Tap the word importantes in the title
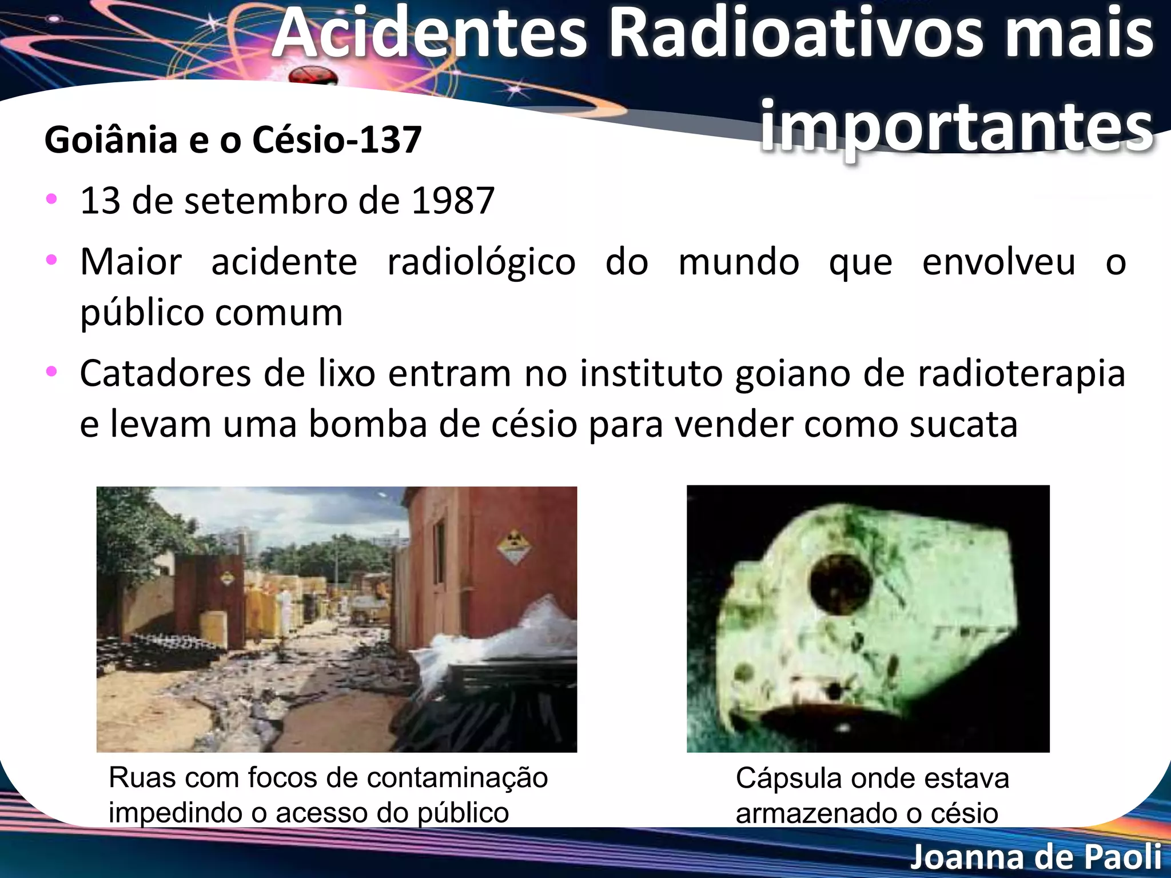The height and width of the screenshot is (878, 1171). coord(956,127)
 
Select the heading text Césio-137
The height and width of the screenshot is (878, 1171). coord(337,140)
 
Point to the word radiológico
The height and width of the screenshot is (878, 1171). coord(481,262)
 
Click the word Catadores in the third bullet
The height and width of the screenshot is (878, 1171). coord(165,374)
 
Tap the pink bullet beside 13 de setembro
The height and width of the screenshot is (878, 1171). coord(51,199)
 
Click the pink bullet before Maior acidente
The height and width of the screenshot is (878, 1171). coord(51,260)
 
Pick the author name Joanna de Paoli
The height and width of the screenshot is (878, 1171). coord(1035,857)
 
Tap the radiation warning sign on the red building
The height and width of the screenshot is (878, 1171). coord(513,546)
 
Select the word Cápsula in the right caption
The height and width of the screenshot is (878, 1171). coord(788,779)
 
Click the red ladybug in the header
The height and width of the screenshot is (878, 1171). coord(313,76)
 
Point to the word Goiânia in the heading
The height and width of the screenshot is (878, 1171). coord(111,140)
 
